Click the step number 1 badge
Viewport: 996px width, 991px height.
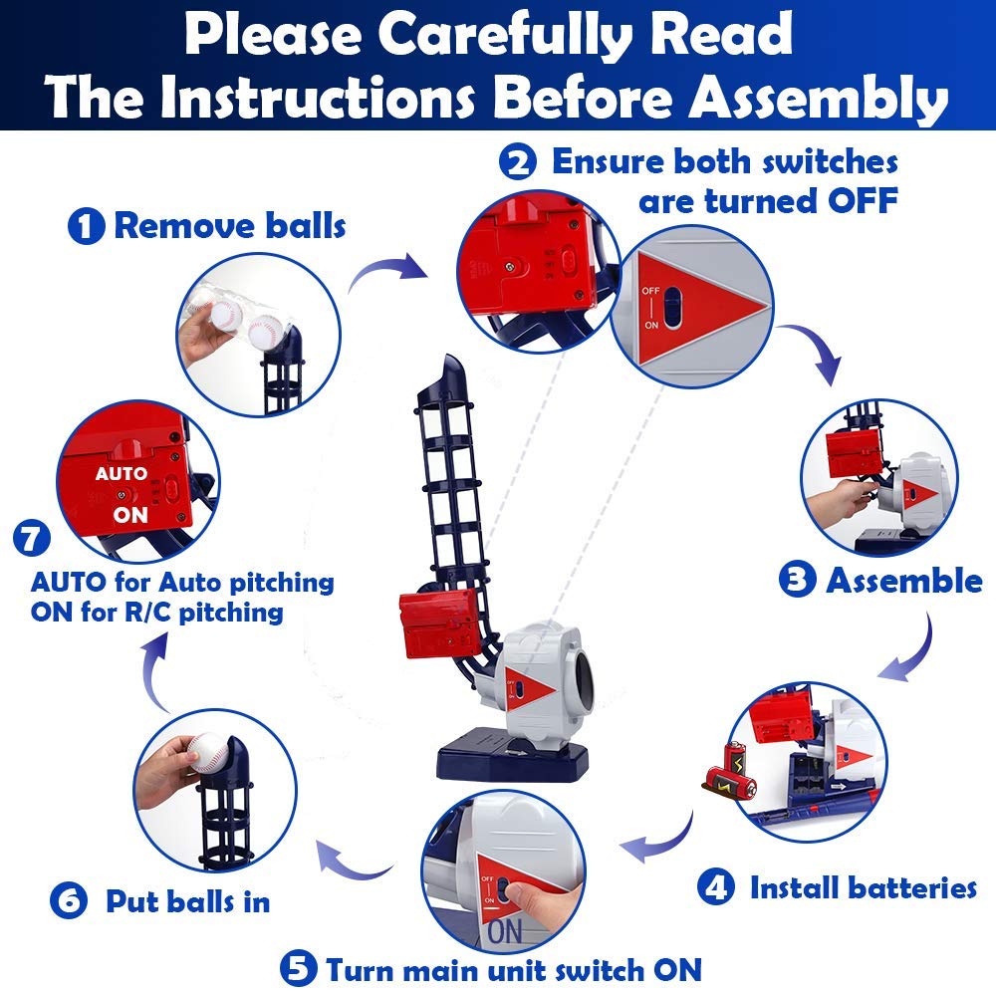tap(86, 226)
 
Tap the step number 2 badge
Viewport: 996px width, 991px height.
tap(518, 161)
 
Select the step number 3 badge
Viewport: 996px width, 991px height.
tap(797, 580)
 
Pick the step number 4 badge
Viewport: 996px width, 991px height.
tap(716, 886)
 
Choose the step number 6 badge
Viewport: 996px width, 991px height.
tap(68, 900)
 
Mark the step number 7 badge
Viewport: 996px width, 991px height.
tap(32, 538)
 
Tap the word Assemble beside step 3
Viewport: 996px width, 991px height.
tap(903, 580)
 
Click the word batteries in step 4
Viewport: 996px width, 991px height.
tap(911, 887)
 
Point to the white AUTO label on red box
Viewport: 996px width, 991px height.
tap(121, 473)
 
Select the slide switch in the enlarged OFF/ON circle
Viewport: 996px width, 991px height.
tap(672, 309)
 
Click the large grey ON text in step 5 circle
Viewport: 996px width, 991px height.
tap(506, 932)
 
